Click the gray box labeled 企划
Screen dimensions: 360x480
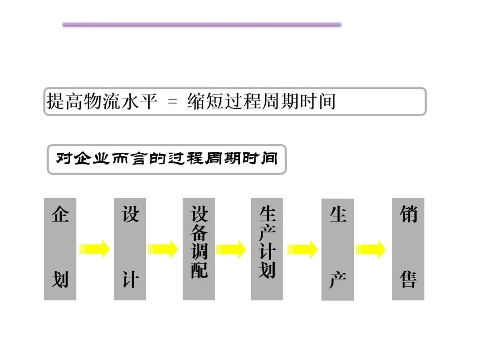[60, 249]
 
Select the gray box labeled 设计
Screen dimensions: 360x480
[130, 249]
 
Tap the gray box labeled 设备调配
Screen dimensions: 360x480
[199, 249]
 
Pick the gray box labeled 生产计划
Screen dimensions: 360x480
[267, 249]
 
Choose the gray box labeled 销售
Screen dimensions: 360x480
[408, 249]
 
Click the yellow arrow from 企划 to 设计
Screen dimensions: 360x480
[95, 249]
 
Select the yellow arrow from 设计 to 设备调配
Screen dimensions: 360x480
[163, 249]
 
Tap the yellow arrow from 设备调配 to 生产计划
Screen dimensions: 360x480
[231, 249]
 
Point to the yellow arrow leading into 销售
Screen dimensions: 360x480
[371, 249]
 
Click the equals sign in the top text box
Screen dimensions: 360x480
[172, 102]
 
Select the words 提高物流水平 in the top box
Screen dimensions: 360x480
[102, 101]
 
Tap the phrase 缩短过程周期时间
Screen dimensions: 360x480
[261, 101]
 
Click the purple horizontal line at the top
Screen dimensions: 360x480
[202, 25]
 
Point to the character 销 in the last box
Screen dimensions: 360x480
[408, 215]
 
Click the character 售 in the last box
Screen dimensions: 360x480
[408, 280]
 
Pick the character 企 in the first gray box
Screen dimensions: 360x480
[60, 215]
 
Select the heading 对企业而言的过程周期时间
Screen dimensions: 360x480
[167, 159]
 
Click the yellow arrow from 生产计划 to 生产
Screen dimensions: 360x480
[302, 249]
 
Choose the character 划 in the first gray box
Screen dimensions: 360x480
[60, 280]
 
